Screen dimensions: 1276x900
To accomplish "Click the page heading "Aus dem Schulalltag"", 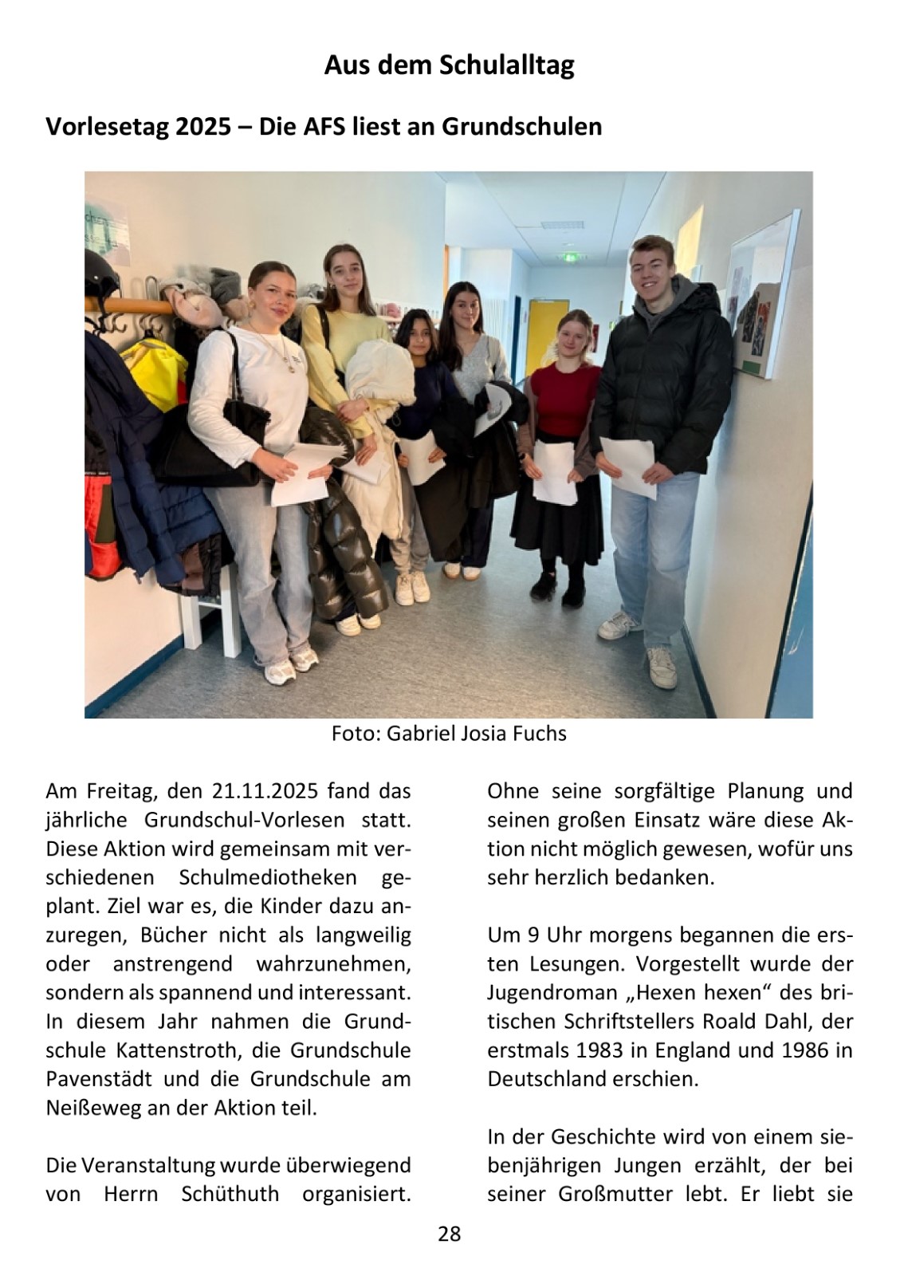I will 449,65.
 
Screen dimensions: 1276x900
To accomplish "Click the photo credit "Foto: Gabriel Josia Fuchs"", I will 449,733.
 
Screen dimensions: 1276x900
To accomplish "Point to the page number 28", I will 450,1235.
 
